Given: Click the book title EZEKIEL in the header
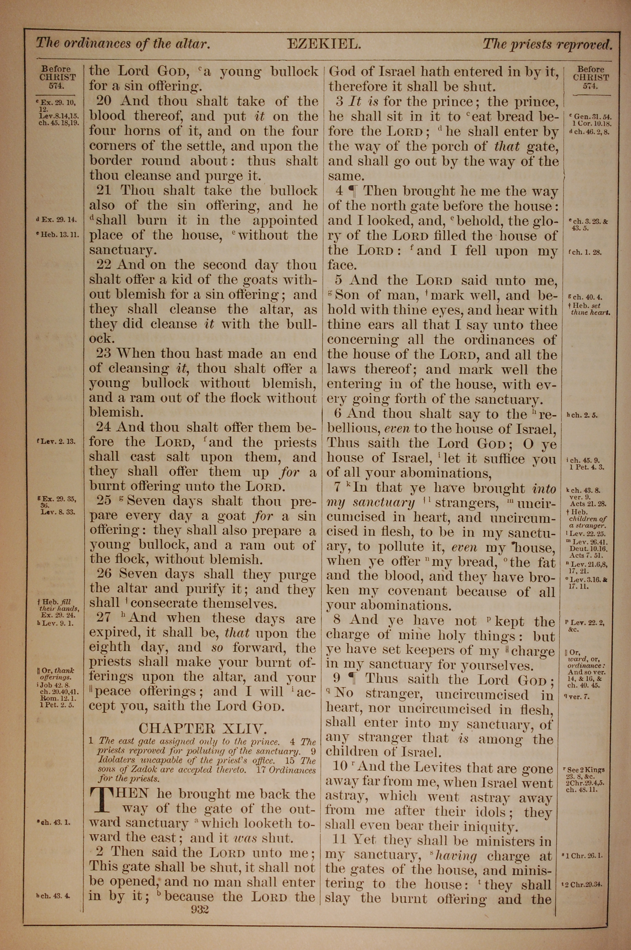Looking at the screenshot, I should [324, 44].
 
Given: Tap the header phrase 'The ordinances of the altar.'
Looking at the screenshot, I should [123, 43].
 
